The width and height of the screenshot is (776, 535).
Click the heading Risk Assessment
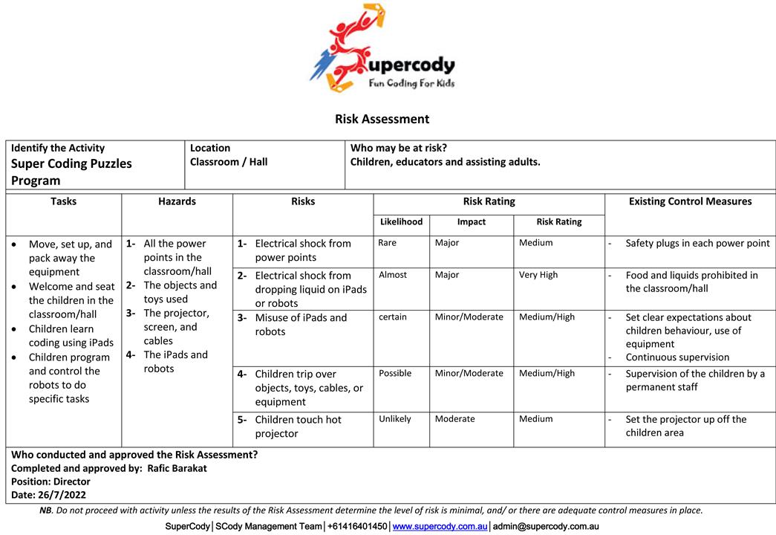click(x=382, y=119)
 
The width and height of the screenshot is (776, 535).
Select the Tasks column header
click(x=64, y=201)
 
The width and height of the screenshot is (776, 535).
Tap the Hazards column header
click(x=177, y=201)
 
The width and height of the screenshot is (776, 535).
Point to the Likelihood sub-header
click(x=401, y=221)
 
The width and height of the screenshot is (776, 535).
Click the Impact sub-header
click(x=472, y=221)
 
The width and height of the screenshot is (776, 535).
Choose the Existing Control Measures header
click(x=690, y=201)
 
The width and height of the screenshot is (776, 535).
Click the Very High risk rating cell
click(x=538, y=275)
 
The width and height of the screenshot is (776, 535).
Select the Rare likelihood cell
click(x=387, y=243)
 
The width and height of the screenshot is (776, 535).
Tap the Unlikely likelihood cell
click(x=394, y=419)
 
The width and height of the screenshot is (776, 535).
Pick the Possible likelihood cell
click(x=395, y=373)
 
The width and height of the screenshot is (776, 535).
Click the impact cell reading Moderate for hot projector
click(x=455, y=419)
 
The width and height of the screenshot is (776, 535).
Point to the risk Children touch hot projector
click(x=298, y=427)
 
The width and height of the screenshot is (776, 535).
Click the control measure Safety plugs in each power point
click(x=697, y=244)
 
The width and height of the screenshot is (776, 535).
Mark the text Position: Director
click(x=50, y=481)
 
